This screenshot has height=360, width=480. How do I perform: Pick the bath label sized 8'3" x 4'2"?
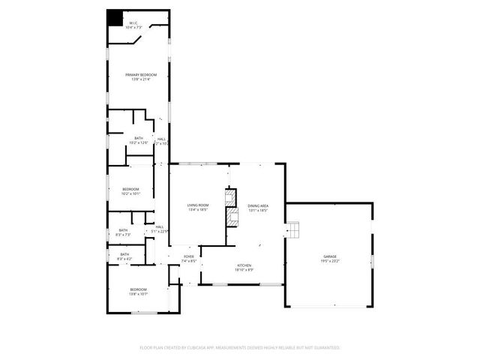click(124, 256)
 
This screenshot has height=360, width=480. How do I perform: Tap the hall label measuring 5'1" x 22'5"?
click(160, 229)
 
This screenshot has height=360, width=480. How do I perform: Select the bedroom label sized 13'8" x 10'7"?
click(138, 292)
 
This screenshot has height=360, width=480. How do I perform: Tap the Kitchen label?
click(244, 266)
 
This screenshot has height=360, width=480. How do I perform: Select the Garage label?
click(330, 256)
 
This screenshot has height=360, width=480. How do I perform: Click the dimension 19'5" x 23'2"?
click(330, 262)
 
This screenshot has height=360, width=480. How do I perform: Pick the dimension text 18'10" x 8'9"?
click(244, 270)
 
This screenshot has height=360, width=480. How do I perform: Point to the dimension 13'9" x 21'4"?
click(141, 80)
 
